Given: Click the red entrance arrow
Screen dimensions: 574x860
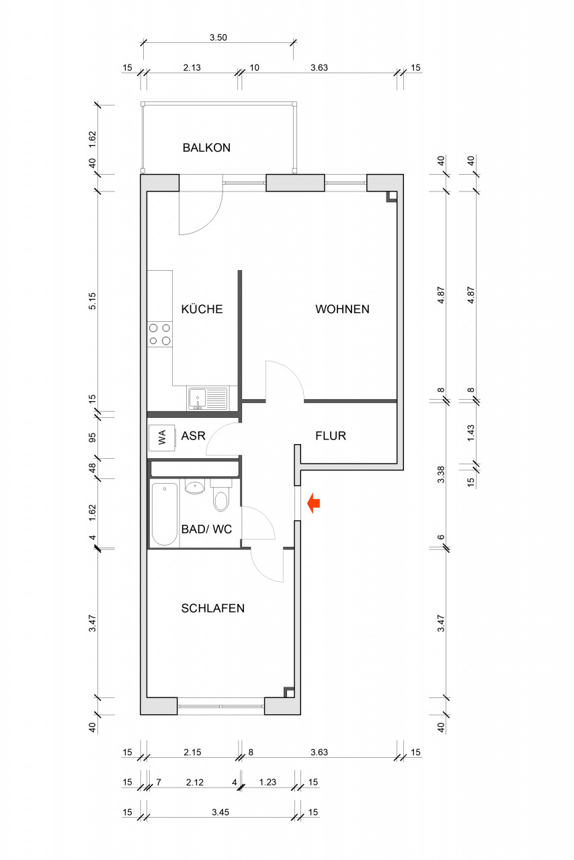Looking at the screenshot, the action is pos(313,503).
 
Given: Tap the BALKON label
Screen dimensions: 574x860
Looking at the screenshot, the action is pos(206,148).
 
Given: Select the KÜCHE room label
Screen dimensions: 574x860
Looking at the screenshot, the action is pos(202,309).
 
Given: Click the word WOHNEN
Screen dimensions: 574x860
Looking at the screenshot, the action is pos(342,309).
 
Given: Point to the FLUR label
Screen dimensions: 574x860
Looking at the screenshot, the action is pos(331,436).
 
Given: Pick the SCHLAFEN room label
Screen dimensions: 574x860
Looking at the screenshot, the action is pos(213,608).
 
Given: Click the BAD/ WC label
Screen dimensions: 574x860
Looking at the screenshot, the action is pos(206,529).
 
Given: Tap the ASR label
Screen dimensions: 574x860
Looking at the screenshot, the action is pos(194,436).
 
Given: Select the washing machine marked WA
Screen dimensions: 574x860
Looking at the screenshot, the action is pos(162,437).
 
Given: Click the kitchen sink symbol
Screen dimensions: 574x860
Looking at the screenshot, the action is pos(207,398).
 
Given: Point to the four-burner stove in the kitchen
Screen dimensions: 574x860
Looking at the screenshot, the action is pos(160,335).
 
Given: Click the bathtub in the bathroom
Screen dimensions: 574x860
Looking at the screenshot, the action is pos(165,515).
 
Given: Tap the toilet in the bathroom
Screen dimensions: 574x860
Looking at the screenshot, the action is pos(220,496).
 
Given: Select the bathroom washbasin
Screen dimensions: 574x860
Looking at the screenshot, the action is pos(195,487).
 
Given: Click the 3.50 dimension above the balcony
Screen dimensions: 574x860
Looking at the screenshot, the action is pos(218,38).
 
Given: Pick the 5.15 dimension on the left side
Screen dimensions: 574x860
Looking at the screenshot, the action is pos(93,301).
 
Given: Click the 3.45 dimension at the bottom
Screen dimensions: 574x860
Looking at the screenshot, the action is pos(220,812).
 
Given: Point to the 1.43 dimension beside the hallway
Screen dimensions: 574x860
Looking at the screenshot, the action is pos(471,433).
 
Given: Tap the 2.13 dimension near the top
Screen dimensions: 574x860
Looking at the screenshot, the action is pos(192,68).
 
